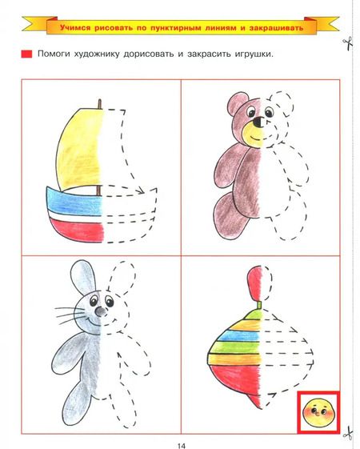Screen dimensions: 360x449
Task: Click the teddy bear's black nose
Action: click(258, 122)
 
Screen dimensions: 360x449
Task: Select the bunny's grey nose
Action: click(100, 311)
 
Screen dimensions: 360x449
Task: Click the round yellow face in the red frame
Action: click(318, 412)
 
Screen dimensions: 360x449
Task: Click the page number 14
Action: click(181, 445)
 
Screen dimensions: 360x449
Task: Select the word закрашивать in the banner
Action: click(276, 28)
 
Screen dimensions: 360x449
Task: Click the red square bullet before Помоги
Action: click(26, 54)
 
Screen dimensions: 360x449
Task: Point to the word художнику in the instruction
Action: click(97, 54)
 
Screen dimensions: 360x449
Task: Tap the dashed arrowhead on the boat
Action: click(140, 190)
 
